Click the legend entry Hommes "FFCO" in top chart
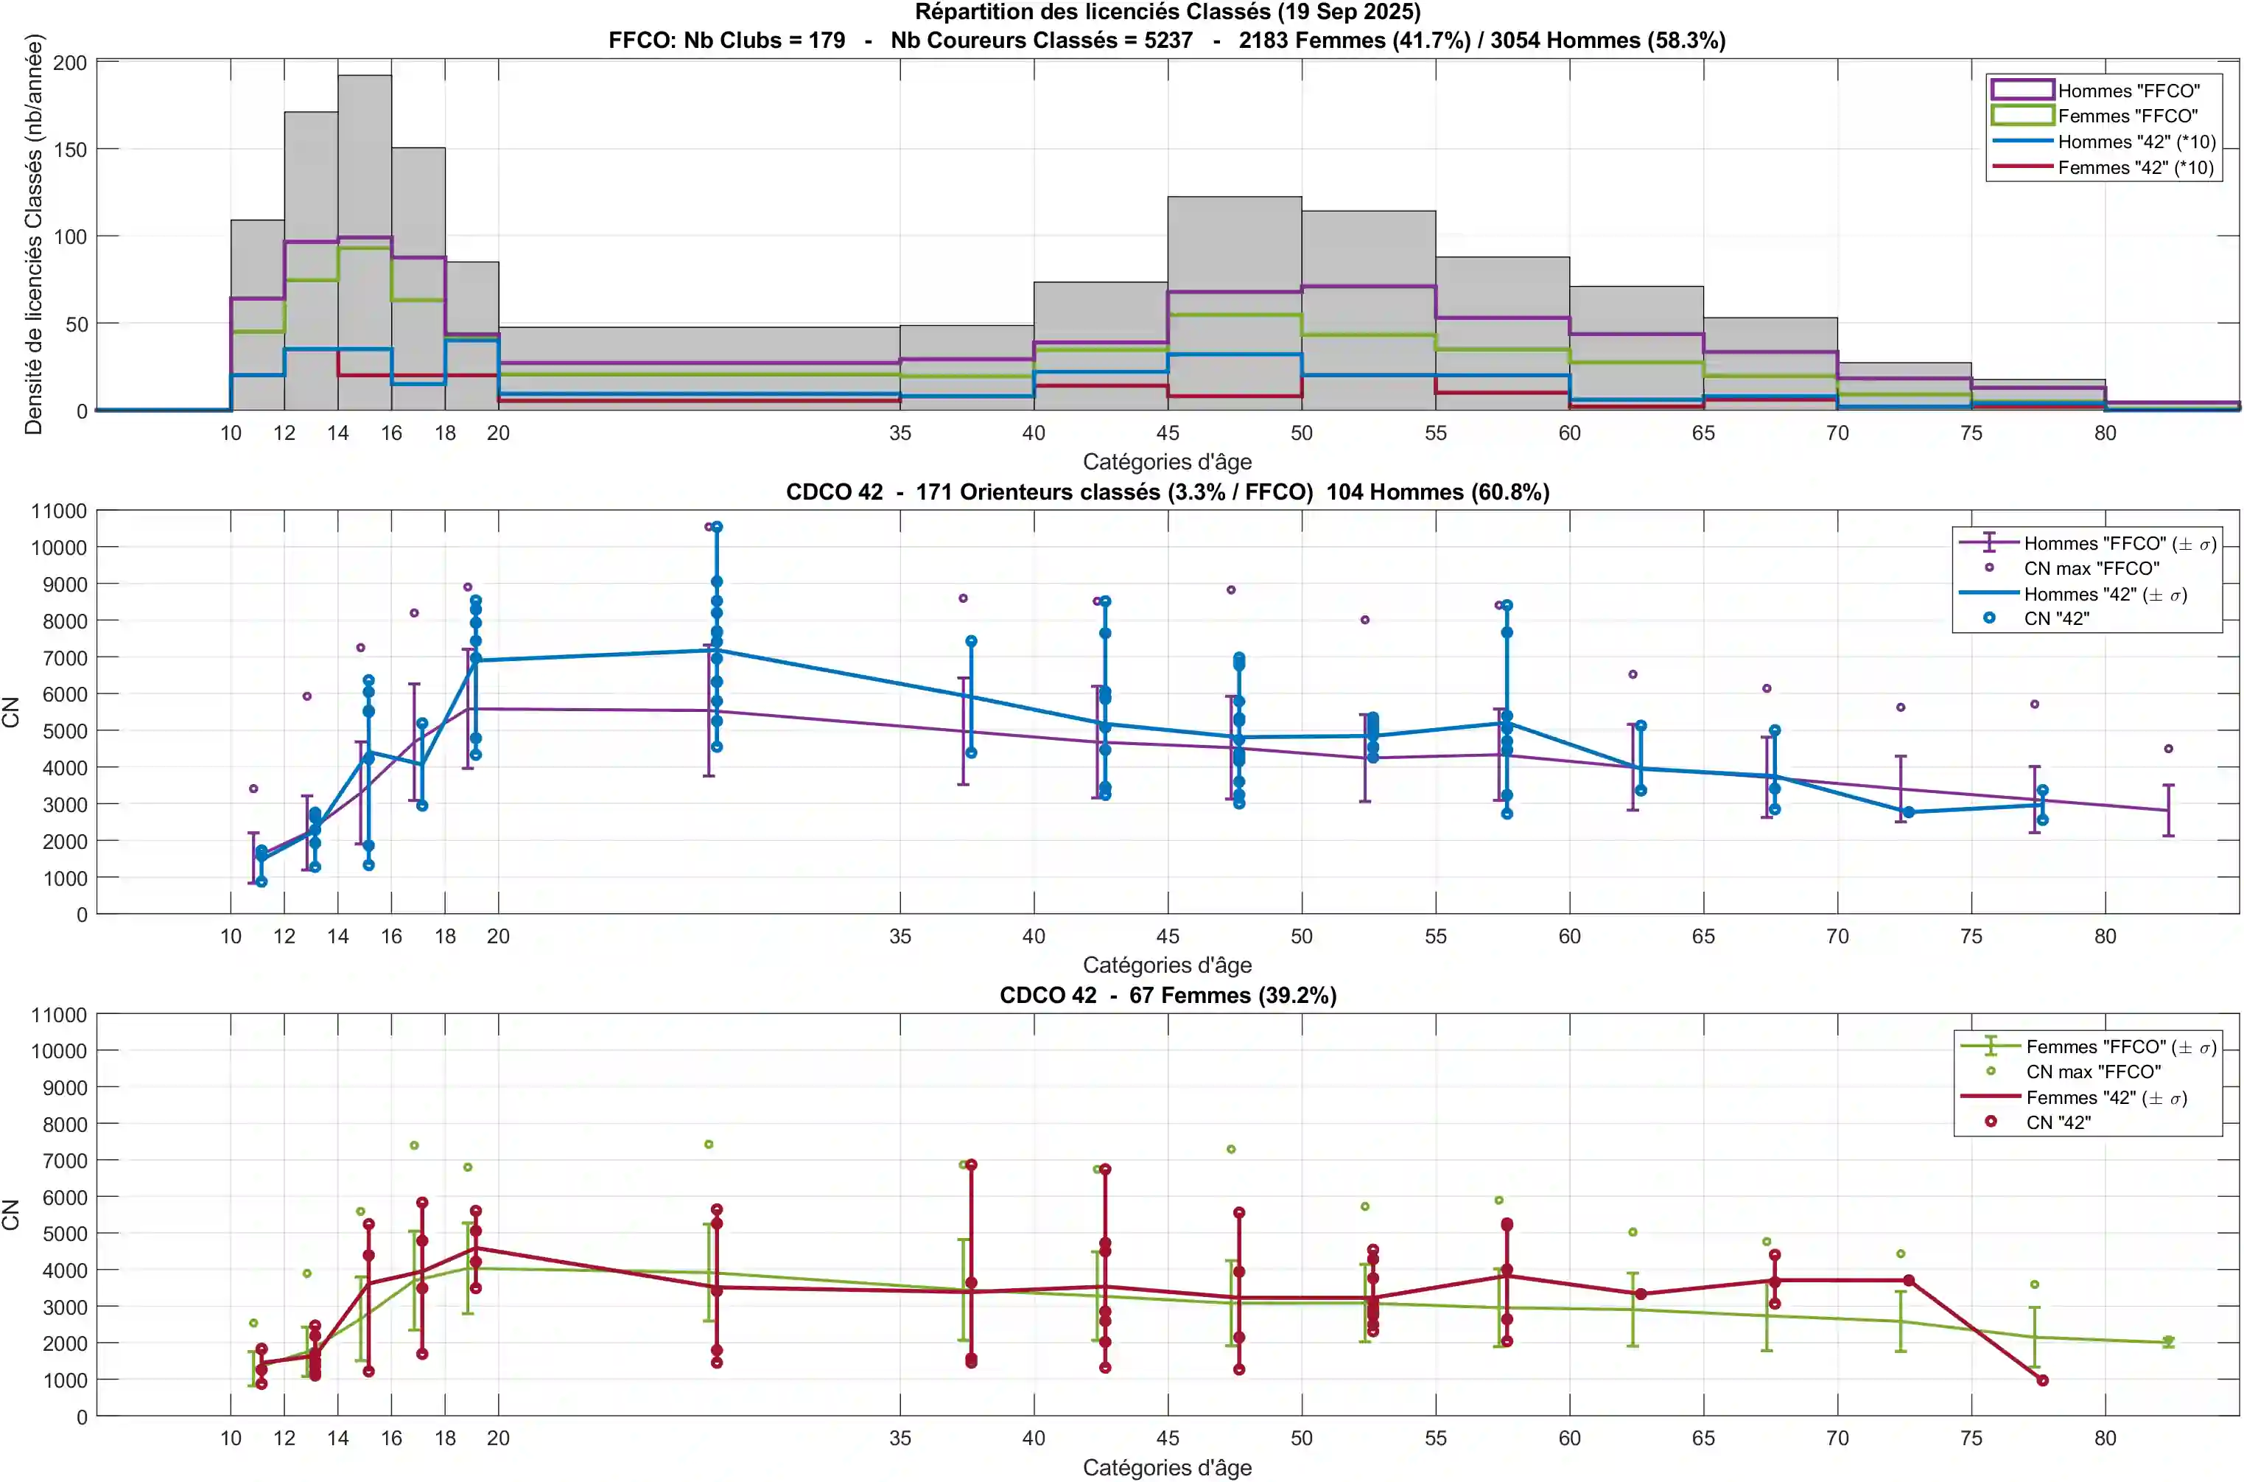click(x=2128, y=91)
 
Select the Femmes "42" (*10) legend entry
click(x=2136, y=167)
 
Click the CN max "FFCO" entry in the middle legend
click(x=2091, y=568)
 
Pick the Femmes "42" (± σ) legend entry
click(x=2106, y=1097)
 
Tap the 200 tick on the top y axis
click(x=70, y=63)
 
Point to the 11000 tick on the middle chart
click(x=59, y=511)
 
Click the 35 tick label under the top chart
click(x=900, y=433)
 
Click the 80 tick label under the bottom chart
click(x=2104, y=1438)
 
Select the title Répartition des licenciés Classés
click(x=1167, y=13)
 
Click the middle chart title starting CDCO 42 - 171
click(x=1167, y=492)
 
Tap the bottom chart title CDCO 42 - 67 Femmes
click(x=1167, y=995)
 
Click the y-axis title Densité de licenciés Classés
click(x=34, y=234)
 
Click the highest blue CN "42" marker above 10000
click(x=717, y=526)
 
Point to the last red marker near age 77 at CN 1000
click(x=2042, y=1380)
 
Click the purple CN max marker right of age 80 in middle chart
click(x=2168, y=749)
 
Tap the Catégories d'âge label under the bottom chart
click(x=1167, y=1467)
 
